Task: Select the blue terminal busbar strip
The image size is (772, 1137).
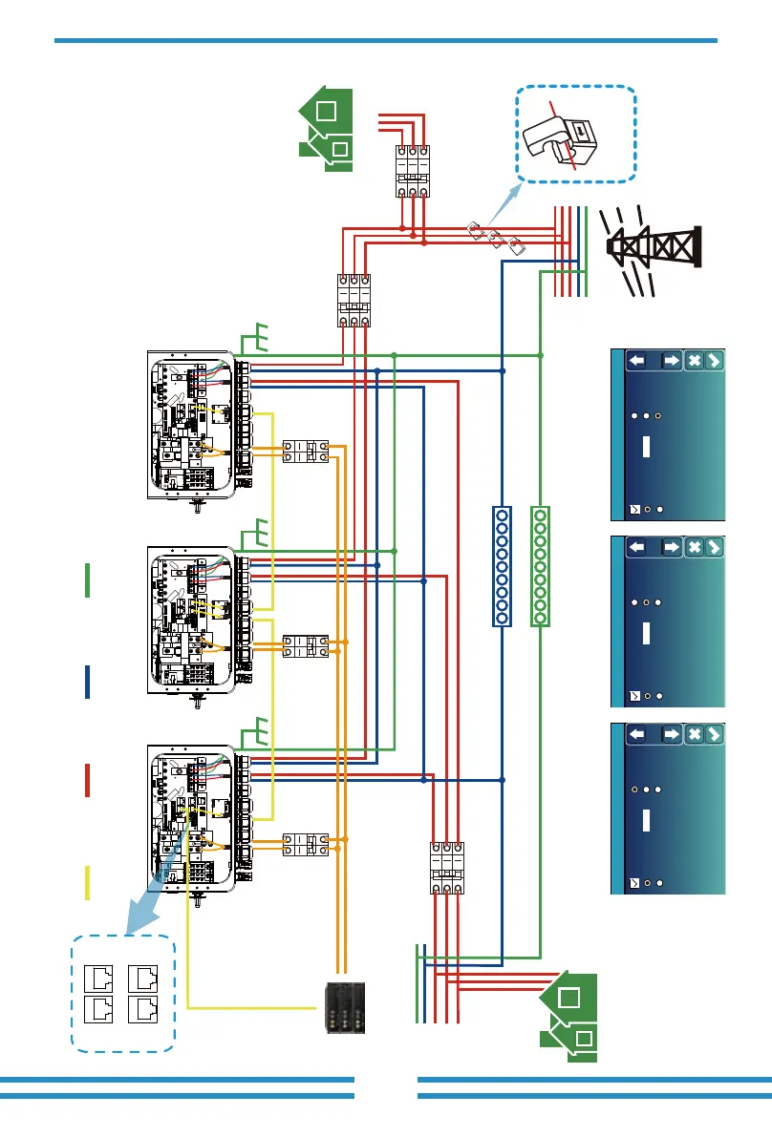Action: (x=503, y=566)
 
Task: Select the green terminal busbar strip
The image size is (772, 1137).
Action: (x=541, y=566)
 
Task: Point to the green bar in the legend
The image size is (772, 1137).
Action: (x=87, y=580)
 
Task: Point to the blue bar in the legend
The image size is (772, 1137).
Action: (x=87, y=682)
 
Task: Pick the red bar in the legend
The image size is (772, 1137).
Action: (x=87, y=780)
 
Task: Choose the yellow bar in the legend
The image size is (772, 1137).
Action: (x=87, y=882)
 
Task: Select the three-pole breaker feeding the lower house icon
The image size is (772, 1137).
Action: (x=447, y=867)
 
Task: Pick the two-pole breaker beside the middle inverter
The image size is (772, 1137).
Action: (x=306, y=644)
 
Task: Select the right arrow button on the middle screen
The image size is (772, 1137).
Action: (x=671, y=547)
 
